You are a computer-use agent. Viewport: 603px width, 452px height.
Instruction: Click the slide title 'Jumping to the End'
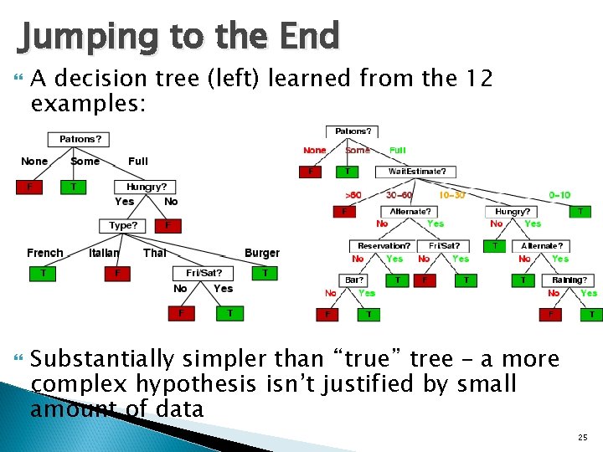[x=178, y=37]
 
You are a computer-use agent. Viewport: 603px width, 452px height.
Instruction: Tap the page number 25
[x=583, y=438]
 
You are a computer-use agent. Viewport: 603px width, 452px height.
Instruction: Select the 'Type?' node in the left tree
[x=123, y=226]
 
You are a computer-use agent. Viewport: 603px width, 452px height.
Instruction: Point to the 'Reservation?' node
[x=384, y=246]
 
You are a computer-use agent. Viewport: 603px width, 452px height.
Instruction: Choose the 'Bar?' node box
[x=352, y=280]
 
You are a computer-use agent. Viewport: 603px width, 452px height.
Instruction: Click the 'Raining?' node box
[x=569, y=280]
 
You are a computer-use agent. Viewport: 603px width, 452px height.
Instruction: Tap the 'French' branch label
[x=44, y=253]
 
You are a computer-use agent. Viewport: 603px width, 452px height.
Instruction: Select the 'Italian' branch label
[x=104, y=253]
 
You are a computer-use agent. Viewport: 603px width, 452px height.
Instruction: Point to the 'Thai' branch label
[x=154, y=253]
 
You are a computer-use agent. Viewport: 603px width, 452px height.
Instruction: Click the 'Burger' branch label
[x=261, y=253]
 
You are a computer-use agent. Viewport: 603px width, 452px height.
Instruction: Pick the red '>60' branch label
[x=353, y=195]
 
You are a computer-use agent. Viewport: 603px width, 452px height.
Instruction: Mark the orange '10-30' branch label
[x=452, y=195]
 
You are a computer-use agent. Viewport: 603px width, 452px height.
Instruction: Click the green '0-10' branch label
[x=559, y=195]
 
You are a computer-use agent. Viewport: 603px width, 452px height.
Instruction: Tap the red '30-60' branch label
[x=399, y=195]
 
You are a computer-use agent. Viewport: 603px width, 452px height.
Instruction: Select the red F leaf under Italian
[x=117, y=273]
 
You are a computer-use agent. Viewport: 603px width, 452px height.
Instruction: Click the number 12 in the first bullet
[x=476, y=80]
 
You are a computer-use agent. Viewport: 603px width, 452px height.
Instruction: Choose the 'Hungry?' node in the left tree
[x=146, y=187]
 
